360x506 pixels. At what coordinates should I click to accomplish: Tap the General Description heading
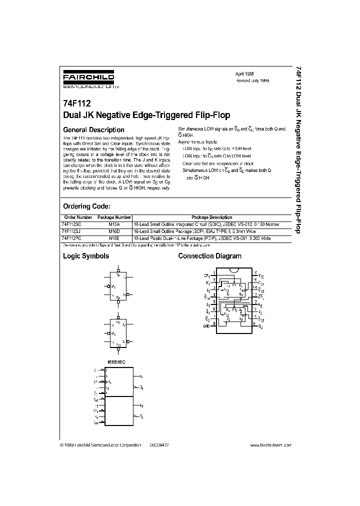[93, 130]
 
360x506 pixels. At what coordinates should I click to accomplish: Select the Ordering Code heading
[86, 206]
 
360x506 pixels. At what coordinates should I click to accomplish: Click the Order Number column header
[78, 217]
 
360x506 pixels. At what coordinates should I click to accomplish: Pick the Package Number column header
[114, 217]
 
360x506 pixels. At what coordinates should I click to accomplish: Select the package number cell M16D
[114, 232]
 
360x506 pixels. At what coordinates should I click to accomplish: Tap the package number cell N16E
[114, 239]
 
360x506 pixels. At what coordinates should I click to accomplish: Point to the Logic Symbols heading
[86, 256]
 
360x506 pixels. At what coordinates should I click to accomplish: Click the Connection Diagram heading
[210, 256]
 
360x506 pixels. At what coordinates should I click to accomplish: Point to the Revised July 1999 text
[252, 80]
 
